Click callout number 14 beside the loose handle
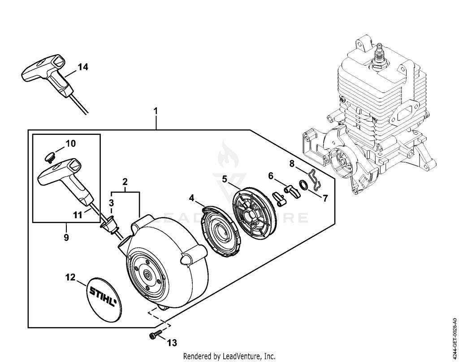point(82,67)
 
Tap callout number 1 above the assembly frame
point(156,111)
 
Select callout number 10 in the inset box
point(70,143)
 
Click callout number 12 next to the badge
point(70,277)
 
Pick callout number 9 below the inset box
point(66,237)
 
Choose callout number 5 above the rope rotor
point(225,179)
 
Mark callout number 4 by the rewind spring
point(191,198)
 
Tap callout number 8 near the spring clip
point(291,164)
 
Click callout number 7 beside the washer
point(325,198)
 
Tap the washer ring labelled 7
point(303,185)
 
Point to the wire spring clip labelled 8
point(315,179)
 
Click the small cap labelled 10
point(49,158)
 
